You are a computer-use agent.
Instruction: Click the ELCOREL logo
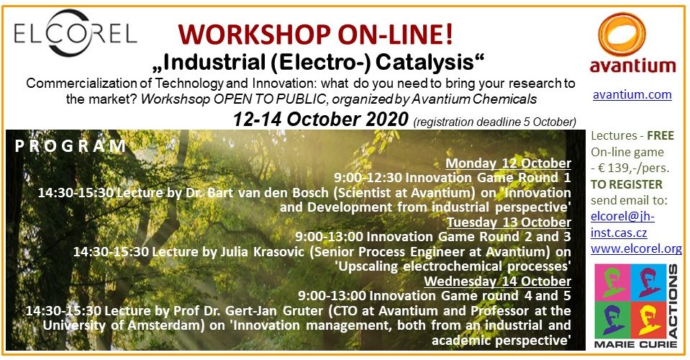(76, 33)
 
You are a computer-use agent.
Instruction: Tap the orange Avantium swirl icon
(622, 35)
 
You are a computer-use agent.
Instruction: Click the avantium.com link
(632, 94)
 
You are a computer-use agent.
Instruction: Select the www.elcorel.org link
(636, 248)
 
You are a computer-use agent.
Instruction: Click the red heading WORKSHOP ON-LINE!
(315, 35)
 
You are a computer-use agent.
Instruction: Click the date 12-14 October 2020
(320, 120)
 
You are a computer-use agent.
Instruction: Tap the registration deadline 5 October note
(494, 122)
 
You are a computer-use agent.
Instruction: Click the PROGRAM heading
(71, 146)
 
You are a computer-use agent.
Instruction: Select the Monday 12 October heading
(508, 163)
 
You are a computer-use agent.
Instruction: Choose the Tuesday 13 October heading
(509, 222)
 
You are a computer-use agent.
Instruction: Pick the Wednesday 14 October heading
(498, 282)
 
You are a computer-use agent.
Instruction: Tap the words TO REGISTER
(626, 184)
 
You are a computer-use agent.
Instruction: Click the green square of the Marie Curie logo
(612, 282)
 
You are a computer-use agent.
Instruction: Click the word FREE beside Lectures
(661, 135)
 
